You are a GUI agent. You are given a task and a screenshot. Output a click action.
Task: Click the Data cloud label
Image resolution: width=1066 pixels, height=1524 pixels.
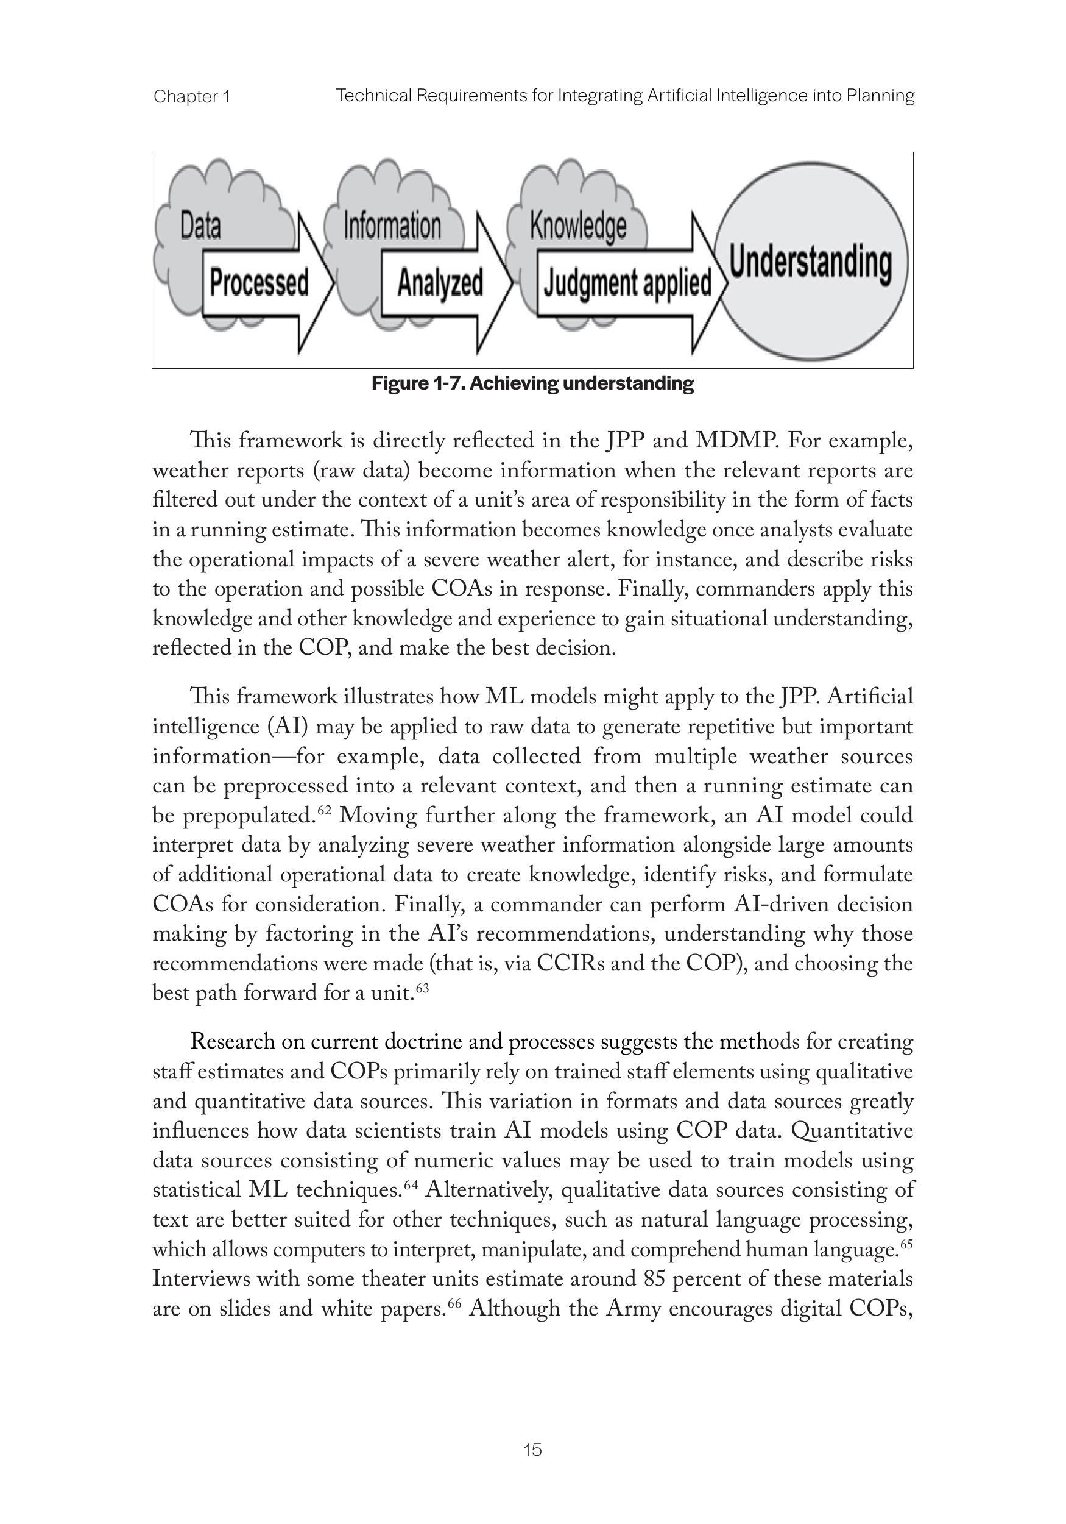pos(200,226)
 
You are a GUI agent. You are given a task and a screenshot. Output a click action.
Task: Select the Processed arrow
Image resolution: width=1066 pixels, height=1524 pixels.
pos(259,283)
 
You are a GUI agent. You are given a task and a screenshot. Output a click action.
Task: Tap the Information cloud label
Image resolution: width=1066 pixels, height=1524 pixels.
pos(392,226)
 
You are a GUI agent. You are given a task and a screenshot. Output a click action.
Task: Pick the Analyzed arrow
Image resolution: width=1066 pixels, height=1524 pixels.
pos(440,283)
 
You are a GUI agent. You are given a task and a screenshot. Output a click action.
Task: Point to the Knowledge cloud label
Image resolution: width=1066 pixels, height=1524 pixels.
pos(577,226)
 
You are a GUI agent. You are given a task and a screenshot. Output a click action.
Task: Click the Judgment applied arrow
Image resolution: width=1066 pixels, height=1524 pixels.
pos(627,283)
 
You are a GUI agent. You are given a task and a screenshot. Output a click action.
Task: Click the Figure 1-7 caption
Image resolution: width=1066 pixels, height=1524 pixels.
pos(532,383)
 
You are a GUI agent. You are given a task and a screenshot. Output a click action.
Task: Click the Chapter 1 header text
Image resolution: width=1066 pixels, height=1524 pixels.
pos(192,97)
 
